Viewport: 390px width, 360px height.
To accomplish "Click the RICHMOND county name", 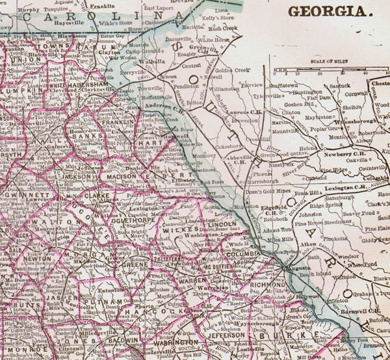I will coord(266,285).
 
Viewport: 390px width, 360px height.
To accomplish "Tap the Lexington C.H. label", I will coord(341,187).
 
